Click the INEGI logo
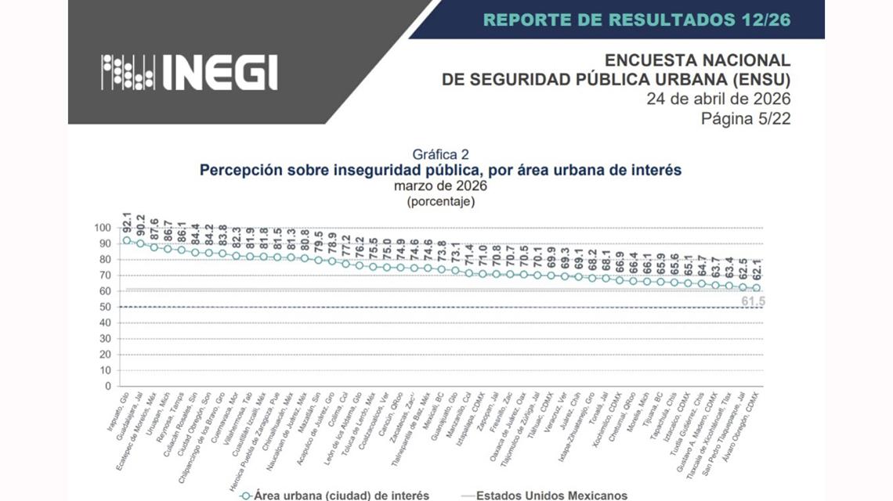point(189,72)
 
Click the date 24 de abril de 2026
point(718,99)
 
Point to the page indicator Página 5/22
point(746,118)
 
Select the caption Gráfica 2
point(440,154)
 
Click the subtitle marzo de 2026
point(440,186)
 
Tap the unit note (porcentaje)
point(440,201)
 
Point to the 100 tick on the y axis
point(103,228)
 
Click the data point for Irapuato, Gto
point(127,240)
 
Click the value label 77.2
point(345,246)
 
